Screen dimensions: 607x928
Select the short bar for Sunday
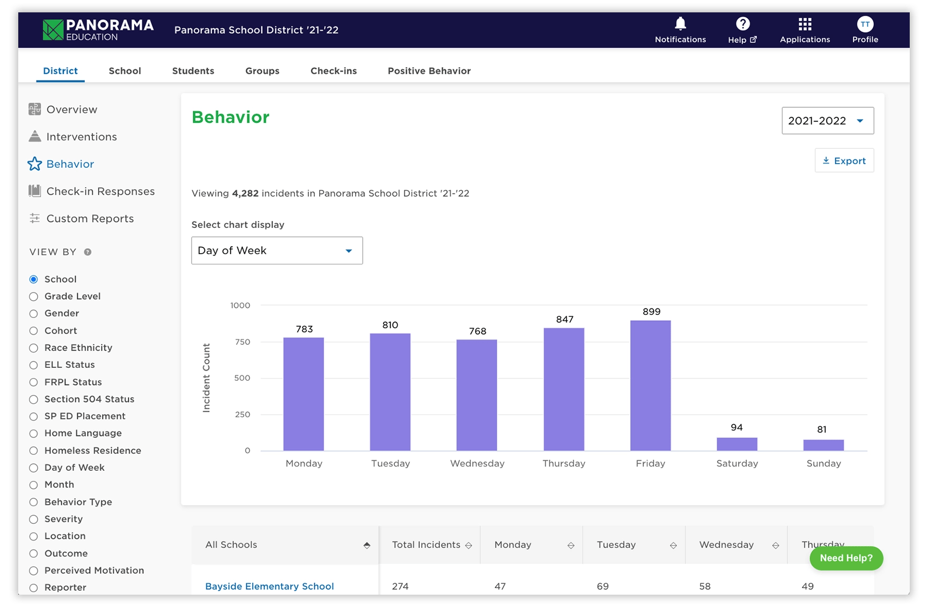(x=823, y=445)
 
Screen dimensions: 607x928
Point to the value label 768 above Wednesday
(x=477, y=331)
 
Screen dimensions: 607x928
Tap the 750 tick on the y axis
(x=242, y=342)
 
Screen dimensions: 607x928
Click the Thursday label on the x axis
(x=564, y=463)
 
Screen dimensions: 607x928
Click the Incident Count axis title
(x=207, y=378)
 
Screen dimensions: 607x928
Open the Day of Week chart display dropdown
(x=277, y=250)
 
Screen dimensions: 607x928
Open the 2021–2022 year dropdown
(x=827, y=121)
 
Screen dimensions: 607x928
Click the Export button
(x=844, y=161)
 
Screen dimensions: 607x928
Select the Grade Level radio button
(x=34, y=297)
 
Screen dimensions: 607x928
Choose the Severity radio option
(x=34, y=519)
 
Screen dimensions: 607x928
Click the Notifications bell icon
(x=680, y=24)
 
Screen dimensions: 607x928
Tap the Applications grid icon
(x=805, y=24)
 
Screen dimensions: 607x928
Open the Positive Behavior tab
(x=429, y=71)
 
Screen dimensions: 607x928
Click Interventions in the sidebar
(x=81, y=137)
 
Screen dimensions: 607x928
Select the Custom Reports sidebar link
(x=90, y=219)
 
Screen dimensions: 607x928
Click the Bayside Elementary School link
(x=269, y=586)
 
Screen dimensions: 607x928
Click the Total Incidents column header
(x=426, y=545)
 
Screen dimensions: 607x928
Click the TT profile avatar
(x=865, y=24)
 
